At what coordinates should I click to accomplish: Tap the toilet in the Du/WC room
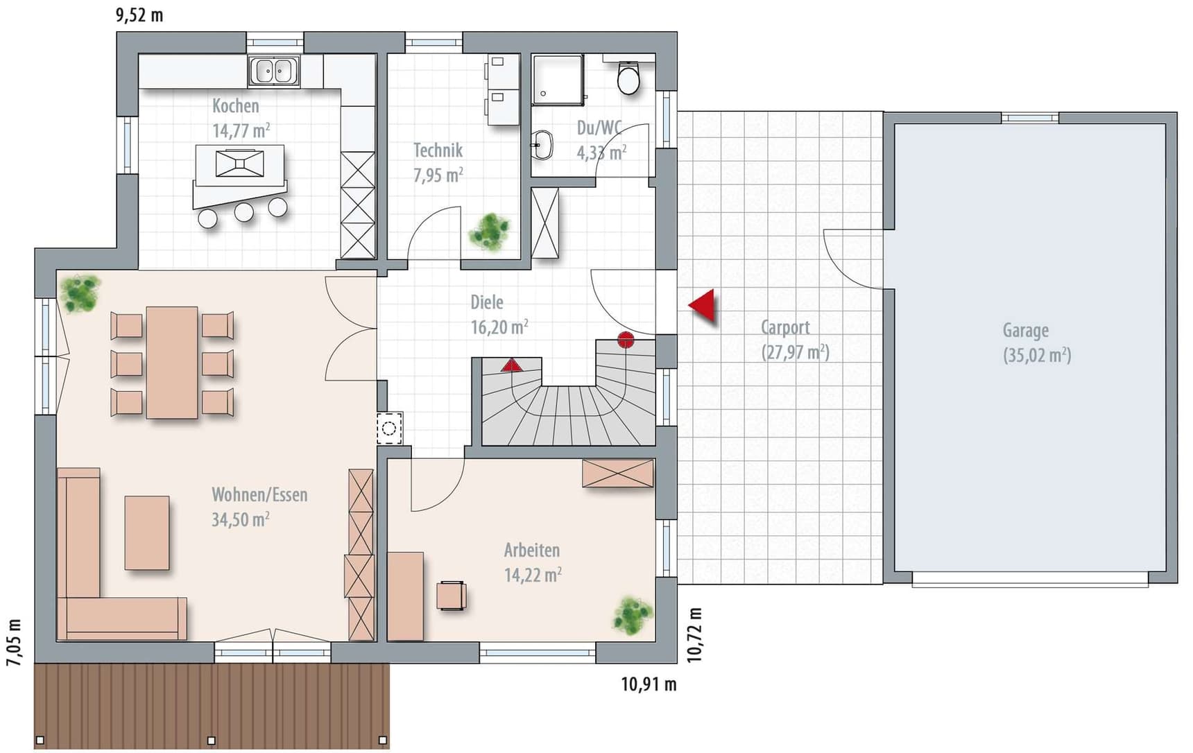point(628,78)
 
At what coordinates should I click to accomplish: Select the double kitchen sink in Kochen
point(274,71)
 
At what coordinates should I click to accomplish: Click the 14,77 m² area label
point(241,130)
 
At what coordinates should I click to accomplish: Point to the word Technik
point(438,150)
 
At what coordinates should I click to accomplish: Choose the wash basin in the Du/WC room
point(542,145)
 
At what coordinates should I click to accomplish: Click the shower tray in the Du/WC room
point(558,80)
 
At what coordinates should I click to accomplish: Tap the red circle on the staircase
point(626,340)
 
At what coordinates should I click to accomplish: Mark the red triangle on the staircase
point(512,364)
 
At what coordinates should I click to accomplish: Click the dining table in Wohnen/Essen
point(172,363)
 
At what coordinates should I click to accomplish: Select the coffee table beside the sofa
point(147,533)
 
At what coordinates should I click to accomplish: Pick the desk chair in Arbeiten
point(451,596)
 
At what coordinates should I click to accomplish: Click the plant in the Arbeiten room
point(633,615)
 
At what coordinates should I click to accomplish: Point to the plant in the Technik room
point(490,232)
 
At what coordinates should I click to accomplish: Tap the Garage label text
point(1025,331)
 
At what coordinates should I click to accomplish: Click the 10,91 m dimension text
point(649,684)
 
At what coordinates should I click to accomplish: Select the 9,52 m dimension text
point(139,15)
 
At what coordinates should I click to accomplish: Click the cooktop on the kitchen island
point(240,163)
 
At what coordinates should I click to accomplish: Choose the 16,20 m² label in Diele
point(499,327)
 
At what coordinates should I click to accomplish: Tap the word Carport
point(785,327)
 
